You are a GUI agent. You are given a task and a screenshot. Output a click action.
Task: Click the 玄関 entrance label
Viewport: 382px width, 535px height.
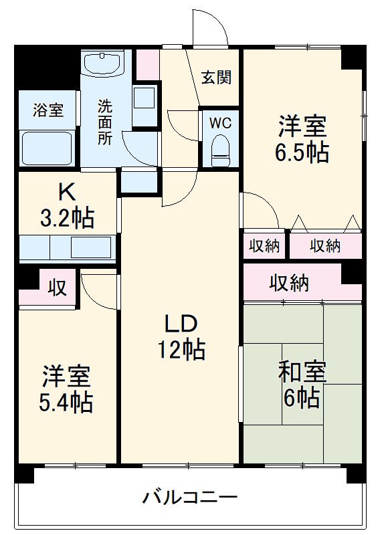click(217, 78)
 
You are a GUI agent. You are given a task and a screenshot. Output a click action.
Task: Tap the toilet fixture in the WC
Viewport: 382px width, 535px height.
click(219, 150)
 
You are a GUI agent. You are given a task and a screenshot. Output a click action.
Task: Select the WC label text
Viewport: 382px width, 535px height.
click(219, 124)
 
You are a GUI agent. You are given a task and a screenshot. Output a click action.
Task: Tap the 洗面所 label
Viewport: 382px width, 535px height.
click(105, 122)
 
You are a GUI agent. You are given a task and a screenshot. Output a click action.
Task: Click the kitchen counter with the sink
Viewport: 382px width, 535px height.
click(67, 247)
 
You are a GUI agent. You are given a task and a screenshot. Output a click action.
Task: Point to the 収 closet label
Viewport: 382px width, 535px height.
click(58, 288)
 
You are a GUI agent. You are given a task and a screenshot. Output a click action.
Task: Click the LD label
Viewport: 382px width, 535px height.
click(181, 324)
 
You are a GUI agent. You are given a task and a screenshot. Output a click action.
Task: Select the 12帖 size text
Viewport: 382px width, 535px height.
click(181, 349)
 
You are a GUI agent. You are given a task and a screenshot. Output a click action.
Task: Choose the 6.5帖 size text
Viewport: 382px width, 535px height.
click(302, 152)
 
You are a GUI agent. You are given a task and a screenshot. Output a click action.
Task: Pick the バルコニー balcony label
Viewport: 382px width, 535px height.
click(190, 498)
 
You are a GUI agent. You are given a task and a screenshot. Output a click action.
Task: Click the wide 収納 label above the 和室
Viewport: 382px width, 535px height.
click(289, 284)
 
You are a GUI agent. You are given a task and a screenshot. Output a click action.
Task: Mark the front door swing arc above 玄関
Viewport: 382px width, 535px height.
click(207, 25)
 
